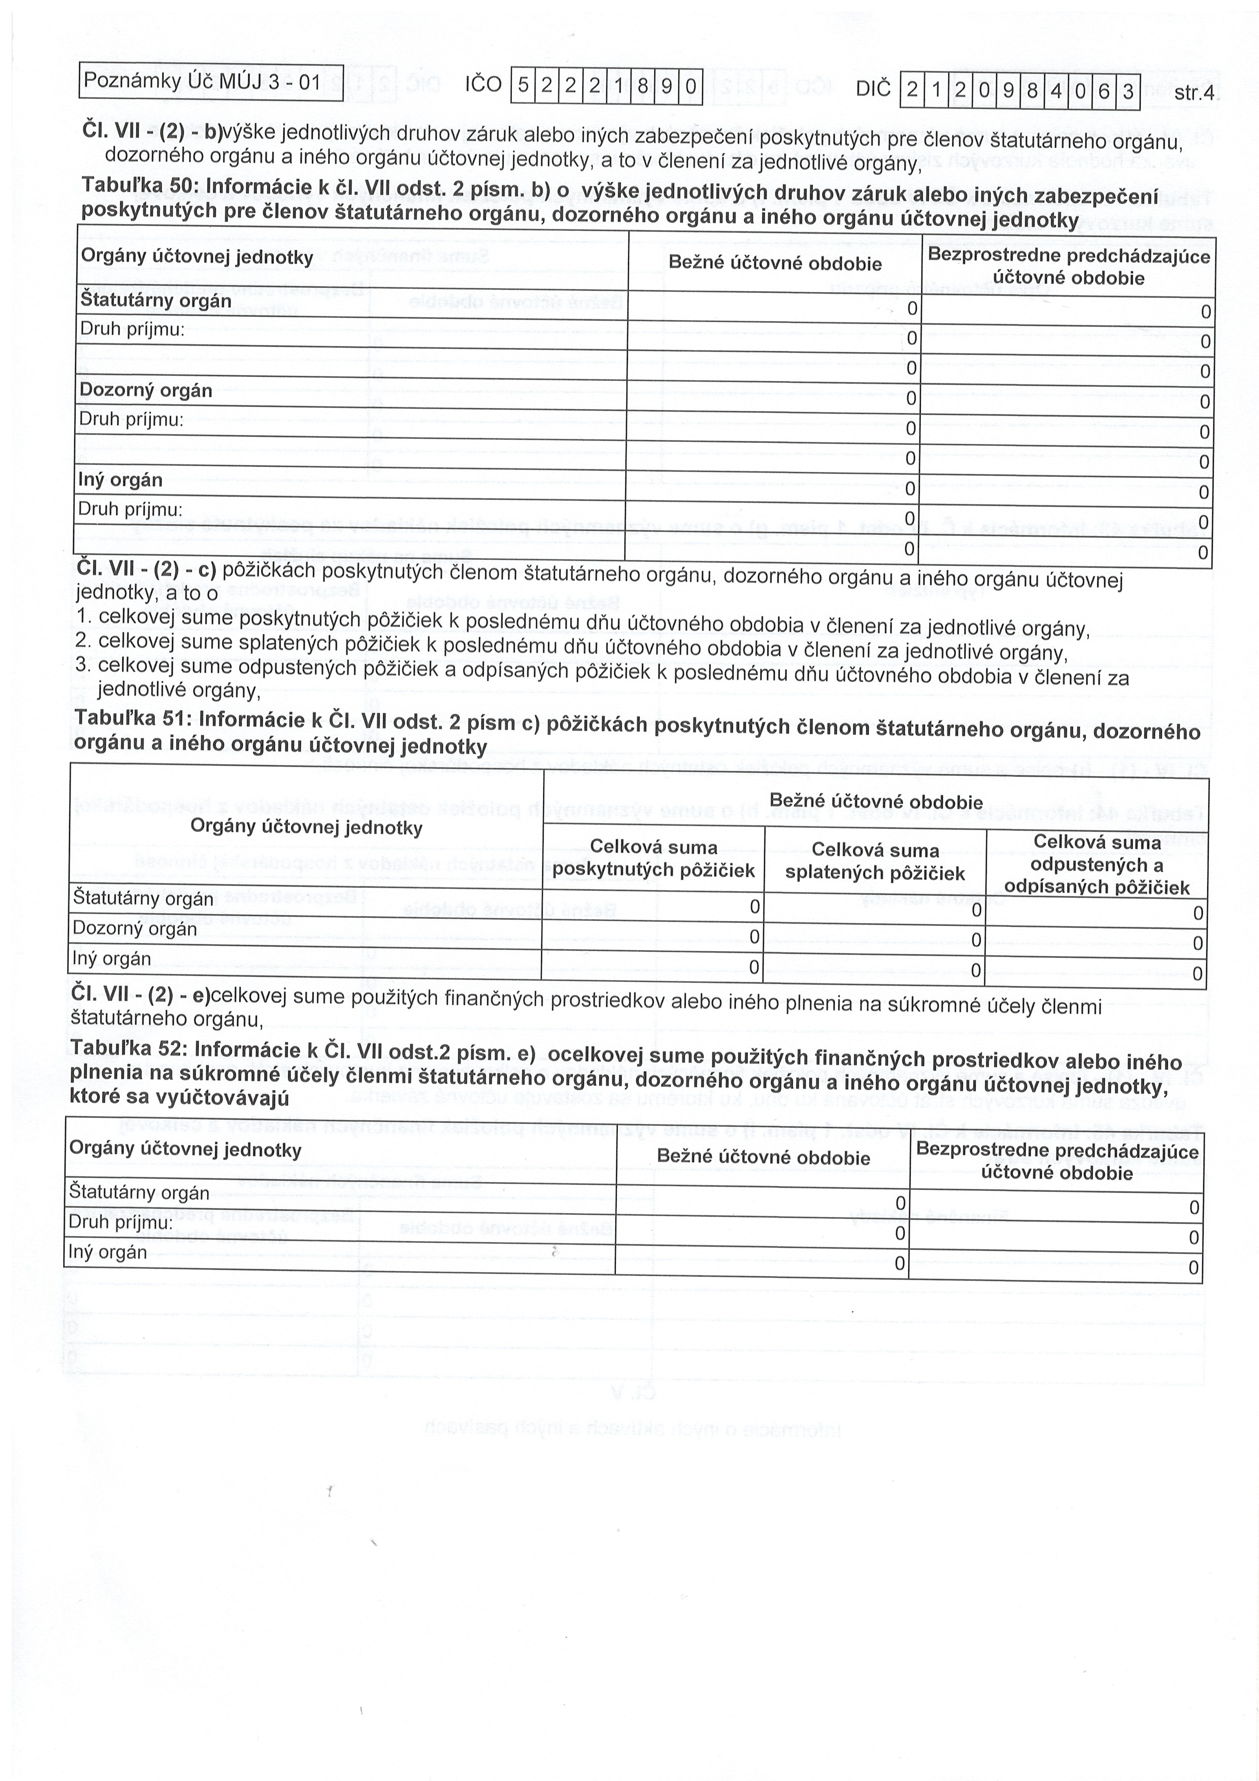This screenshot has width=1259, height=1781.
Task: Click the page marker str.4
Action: (1194, 94)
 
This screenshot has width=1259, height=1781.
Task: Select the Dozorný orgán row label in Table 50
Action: (146, 390)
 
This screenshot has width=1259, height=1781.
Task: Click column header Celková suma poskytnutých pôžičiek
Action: (653, 859)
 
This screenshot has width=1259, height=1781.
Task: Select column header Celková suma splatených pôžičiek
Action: (875, 862)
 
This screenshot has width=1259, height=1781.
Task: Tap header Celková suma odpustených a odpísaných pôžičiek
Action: (1097, 865)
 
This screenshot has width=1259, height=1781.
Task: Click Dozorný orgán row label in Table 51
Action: (134, 929)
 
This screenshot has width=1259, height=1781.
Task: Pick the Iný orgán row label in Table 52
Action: (107, 1252)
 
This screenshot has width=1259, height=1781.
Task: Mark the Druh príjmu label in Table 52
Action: (120, 1223)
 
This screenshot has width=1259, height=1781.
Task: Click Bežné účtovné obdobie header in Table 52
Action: (764, 1158)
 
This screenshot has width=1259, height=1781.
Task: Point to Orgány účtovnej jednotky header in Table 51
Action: (307, 827)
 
